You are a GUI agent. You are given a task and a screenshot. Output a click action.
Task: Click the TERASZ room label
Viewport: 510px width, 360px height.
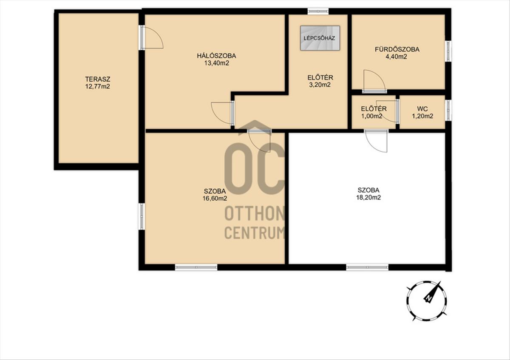click(98, 79)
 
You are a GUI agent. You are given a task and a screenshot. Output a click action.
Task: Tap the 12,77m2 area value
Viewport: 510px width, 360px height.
click(98, 87)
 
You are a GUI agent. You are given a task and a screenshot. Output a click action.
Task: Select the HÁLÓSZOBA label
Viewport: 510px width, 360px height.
click(216, 56)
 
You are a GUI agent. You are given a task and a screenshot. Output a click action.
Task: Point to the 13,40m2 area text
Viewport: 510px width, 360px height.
click(216, 63)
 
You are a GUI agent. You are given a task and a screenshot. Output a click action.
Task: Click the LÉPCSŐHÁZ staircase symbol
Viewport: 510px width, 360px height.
click(320, 38)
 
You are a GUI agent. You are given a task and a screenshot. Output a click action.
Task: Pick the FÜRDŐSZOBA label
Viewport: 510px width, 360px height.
click(397, 49)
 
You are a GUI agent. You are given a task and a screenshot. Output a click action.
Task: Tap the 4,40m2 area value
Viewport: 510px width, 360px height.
click(397, 57)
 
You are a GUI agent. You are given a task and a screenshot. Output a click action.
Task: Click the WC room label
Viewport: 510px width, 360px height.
click(422, 109)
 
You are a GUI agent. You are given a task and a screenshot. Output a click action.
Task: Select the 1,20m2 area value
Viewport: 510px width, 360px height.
click(422, 116)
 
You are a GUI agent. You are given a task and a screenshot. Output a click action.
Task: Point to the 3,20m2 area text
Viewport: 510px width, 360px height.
click(320, 85)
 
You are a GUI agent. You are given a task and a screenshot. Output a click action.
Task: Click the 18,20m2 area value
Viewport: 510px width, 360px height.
click(368, 197)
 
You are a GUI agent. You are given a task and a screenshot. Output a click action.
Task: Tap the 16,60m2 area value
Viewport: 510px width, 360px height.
click(215, 198)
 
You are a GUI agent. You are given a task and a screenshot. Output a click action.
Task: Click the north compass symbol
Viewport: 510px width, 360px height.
click(426, 301)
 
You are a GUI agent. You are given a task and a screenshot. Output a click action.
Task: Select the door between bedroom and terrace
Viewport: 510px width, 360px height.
click(151, 37)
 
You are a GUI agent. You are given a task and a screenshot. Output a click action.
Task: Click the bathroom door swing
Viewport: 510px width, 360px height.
click(374, 81)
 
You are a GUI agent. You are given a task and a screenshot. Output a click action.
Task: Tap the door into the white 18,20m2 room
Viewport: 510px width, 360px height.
click(376, 141)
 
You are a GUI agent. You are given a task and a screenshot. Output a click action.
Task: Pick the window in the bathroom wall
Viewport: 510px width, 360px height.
click(448, 51)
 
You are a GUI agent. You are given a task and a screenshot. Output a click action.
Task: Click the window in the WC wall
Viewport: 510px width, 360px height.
click(448, 111)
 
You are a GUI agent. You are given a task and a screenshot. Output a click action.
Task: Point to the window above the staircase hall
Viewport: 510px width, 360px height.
click(318, 11)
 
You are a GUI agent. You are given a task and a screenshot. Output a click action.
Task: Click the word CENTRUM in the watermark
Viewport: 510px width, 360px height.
click(255, 233)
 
